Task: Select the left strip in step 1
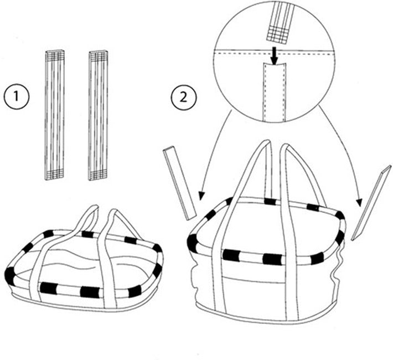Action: click(55, 115)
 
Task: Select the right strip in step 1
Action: click(99, 115)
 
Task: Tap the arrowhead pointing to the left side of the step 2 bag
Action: click(201, 196)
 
